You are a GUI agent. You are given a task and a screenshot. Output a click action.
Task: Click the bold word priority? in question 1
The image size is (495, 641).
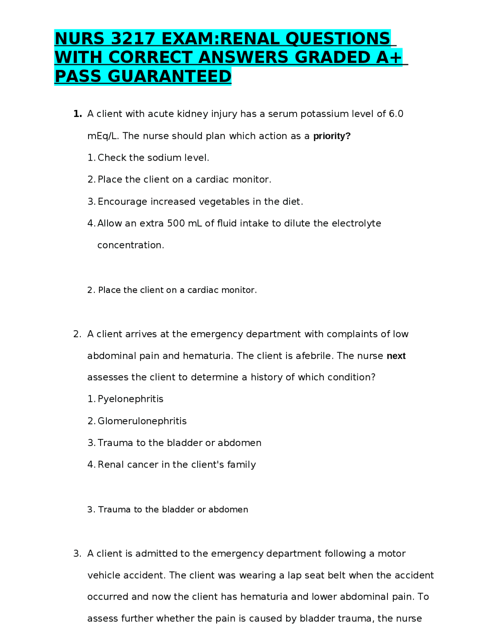click(x=331, y=136)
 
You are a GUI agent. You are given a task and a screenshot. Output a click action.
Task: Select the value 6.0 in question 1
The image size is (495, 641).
click(x=396, y=114)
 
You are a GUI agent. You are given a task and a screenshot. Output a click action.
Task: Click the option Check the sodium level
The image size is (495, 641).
click(x=153, y=158)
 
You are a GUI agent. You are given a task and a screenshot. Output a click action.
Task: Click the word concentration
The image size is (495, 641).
click(x=131, y=245)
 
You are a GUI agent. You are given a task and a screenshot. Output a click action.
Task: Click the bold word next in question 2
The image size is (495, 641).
click(x=396, y=356)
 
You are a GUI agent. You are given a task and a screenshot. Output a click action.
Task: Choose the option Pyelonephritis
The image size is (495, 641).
click(x=130, y=399)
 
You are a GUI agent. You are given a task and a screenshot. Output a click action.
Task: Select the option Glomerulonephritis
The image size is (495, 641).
click(x=142, y=421)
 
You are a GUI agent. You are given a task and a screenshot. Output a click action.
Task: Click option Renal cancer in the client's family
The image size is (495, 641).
click(x=177, y=465)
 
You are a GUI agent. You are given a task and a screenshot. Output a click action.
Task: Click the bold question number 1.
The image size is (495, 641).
click(x=77, y=114)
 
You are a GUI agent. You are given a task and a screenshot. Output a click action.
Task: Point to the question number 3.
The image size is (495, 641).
click(x=77, y=554)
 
